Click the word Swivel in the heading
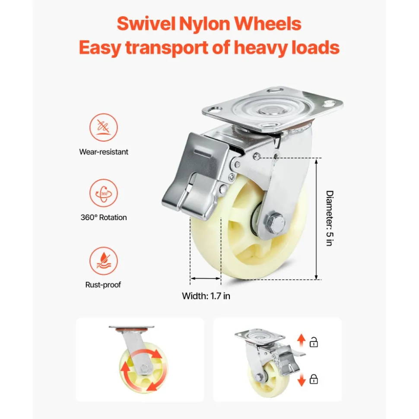[146, 23]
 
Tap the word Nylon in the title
[205, 23]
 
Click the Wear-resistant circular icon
[104, 127]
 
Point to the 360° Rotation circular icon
[104, 193]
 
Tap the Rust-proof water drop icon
[104, 261]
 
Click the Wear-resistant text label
[104, 152]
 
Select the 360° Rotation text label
[104, 217]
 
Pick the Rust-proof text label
[103, 285]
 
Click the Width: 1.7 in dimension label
[206, 296]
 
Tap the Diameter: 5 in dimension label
[330, 218]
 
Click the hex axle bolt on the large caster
[275, 222]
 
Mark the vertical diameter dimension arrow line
[316, 219]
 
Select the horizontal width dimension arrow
[206, 279]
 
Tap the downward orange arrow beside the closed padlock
[302, 380]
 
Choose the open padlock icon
[314, 342]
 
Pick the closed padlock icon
[314, 379]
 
